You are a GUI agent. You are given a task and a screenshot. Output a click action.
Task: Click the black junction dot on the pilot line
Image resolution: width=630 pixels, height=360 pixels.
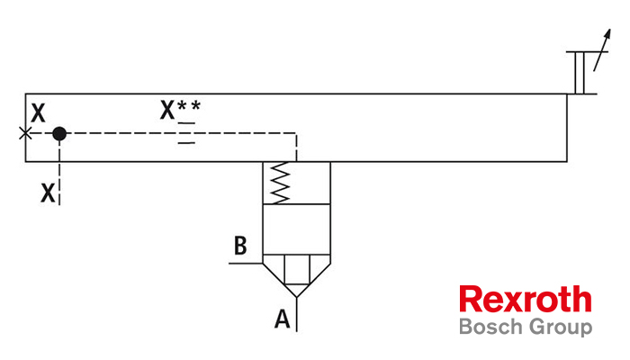point(59,133)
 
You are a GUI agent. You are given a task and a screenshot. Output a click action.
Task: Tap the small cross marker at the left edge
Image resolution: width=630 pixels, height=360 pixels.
point(25,133)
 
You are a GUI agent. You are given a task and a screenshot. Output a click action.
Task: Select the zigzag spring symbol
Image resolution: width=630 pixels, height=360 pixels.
point(280,183)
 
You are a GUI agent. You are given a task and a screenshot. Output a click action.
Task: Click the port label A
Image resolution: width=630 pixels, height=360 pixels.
point(282,319)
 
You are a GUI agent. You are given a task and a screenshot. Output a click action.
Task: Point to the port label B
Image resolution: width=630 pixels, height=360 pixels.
point(240,246)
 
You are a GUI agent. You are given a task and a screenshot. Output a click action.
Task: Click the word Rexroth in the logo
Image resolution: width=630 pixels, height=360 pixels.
point(525,299)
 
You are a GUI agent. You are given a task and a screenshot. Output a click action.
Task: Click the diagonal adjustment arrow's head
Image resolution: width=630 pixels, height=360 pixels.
point(607,34)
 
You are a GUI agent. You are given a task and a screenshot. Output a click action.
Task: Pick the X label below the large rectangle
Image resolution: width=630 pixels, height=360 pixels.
point(48,193)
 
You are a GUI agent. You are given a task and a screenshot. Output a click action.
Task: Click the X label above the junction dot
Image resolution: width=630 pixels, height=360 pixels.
point(38,112)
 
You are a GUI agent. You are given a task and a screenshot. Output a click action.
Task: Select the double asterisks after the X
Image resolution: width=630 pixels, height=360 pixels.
point(189,106)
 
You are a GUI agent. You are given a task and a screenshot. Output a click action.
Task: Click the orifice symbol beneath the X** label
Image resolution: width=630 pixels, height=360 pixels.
point(186,133)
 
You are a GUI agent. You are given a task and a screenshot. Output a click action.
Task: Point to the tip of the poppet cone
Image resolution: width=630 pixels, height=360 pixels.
point(296,297)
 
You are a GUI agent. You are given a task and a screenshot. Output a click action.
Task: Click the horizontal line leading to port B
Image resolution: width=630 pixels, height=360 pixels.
point(246,264)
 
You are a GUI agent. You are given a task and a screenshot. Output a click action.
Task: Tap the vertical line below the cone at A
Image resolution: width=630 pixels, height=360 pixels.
point(296,315)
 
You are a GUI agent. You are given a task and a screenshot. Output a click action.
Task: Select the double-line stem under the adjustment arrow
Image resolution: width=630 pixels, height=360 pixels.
point(580,73)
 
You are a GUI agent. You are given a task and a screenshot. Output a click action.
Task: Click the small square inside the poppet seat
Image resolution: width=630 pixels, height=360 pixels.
point(297,269)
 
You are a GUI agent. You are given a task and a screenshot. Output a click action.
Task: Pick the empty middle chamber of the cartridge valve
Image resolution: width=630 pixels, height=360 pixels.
point(296,229)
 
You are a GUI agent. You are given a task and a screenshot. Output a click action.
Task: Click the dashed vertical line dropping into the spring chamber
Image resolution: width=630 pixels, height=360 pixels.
point(296,148)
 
